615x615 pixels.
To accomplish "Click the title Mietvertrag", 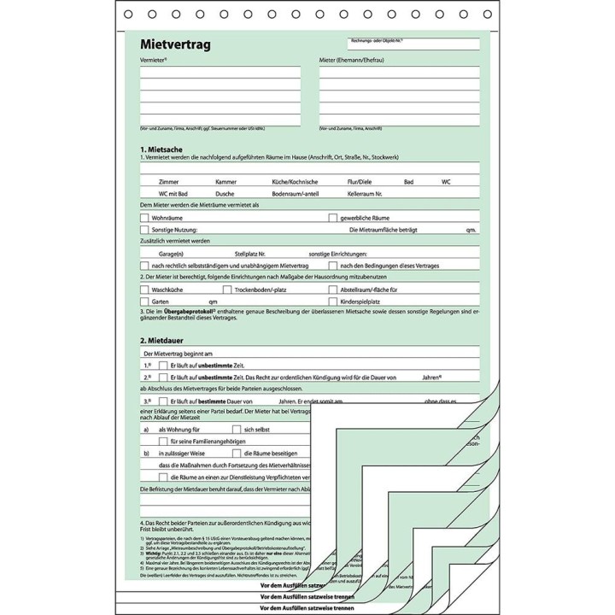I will click(176, 44).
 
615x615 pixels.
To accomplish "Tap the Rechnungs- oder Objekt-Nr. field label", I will click(375, 41).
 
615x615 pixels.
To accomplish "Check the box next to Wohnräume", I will click(144, 218).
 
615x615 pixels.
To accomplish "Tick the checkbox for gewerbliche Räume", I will click(334, 218).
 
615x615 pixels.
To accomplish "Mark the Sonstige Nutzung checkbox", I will click(144, 230).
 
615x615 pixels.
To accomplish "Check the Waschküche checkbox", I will click(144, 290).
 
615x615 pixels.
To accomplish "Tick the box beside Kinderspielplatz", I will click(334, 302).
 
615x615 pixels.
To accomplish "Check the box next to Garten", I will click(144, 302).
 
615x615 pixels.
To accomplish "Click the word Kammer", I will click(225, 182).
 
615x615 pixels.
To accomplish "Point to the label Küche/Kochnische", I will click(295, 182).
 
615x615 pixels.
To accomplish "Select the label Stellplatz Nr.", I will click(250, 254).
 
